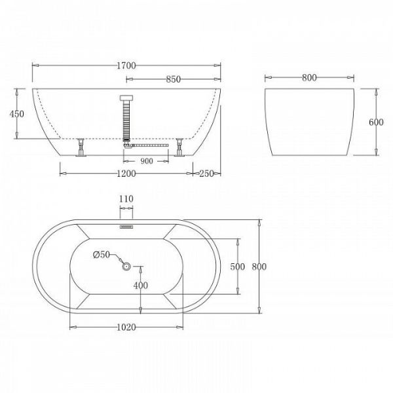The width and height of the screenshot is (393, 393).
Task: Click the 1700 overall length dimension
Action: tap(126, 65)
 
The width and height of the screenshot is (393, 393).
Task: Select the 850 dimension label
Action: tap(173, 79)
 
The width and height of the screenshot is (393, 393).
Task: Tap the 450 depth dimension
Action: tap(17, 114)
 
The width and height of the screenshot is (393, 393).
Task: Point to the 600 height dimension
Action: tap(376, 122)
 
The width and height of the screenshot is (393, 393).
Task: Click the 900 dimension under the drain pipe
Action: tap(146, 161)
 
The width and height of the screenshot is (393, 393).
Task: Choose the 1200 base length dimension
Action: tap(126, 174)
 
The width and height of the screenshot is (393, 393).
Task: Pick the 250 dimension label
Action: tap(206, 174)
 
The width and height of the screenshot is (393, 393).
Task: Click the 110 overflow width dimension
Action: tap(126, 199)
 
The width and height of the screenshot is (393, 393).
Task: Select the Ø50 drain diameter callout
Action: tap(102, 255)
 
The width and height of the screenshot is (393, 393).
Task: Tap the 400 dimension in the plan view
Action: tap(141, 285)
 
